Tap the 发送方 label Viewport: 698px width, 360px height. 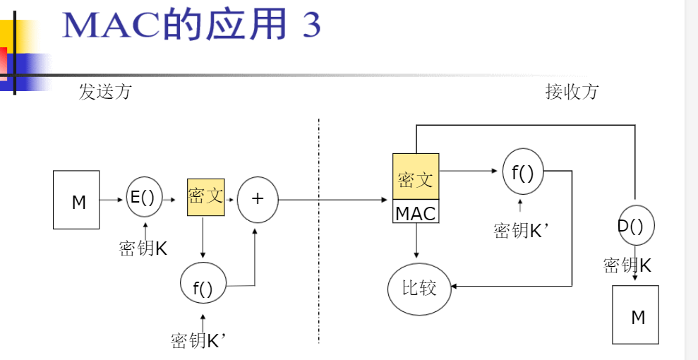tap(104, 92)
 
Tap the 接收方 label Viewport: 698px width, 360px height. tap(572, 92)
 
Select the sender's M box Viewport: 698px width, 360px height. tap(76, 200)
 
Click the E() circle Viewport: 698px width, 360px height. tap(144, 198)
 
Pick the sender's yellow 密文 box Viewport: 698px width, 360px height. tap(205, 197)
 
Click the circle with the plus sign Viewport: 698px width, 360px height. tap(258, 199)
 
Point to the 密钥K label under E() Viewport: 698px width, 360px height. tap(143, 248)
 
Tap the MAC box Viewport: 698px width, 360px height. tap(416, 212)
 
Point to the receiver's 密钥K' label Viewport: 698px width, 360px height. tap(521, 231)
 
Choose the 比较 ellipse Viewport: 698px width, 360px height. tap(419, 288)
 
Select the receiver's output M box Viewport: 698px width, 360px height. tap(635, 315)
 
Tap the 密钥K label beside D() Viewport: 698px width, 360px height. tap(627, 265)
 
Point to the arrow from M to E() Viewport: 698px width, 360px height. tap(112, 200)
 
